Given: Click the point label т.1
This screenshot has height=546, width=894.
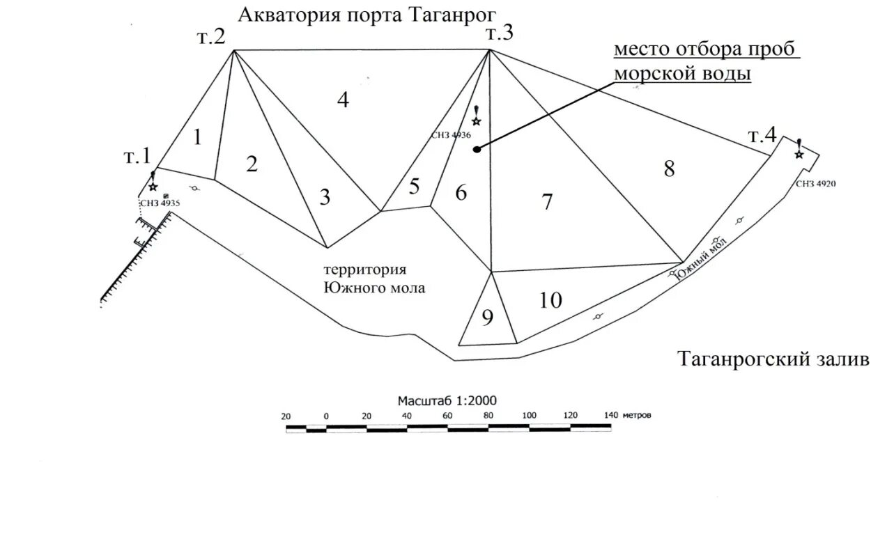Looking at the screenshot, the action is click(137, 157).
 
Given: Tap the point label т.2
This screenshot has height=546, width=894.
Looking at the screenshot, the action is click(210, 37).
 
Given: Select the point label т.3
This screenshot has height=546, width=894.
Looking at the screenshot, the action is click(500, 33).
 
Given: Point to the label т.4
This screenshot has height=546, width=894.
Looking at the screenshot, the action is click(762, 136).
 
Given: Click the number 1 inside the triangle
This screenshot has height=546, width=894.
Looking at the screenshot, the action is click(197, 137).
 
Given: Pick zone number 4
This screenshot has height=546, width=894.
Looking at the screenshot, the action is click(342, 100).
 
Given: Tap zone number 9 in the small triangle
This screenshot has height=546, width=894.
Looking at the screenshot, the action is click(487, 318).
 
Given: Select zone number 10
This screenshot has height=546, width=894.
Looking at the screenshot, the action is click(550, 300).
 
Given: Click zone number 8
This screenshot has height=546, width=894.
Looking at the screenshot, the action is click(669, 169).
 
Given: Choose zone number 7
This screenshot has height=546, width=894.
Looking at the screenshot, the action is click(547, 202).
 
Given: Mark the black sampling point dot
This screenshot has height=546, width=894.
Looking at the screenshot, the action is click(477, 148).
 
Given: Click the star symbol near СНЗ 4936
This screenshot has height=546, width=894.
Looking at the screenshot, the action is click(477, 121).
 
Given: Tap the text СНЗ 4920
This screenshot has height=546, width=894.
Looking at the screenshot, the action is click(815, 184).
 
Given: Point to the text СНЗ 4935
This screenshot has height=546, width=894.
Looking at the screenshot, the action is click(160, 203).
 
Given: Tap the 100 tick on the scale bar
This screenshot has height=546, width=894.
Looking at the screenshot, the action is click(529, 415).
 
